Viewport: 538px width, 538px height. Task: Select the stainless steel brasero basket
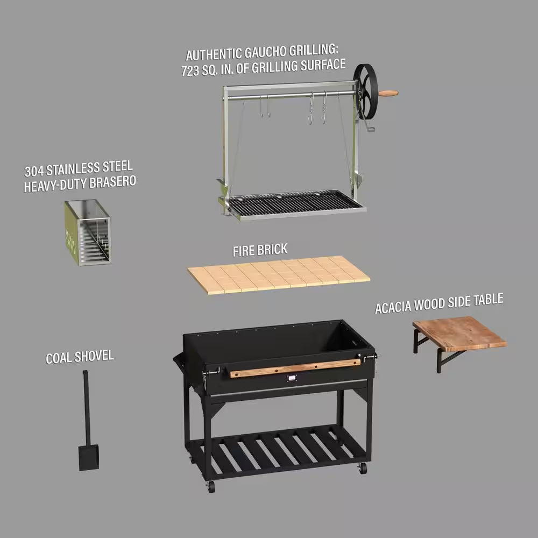(88, 232)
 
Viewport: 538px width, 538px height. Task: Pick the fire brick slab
(279, 274)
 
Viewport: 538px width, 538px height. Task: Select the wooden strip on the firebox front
(295, 368)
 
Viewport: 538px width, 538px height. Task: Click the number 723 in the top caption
(191, 72)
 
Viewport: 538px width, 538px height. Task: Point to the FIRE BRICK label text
(260, 250)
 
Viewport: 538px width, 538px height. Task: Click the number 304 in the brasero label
(35, 171)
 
